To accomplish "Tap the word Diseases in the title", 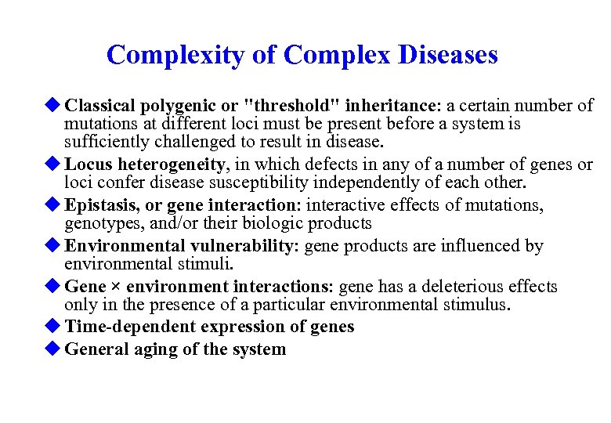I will (x=447, y=55).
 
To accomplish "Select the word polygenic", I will (x=179, y=105).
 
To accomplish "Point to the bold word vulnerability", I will (x=242, y=245).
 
